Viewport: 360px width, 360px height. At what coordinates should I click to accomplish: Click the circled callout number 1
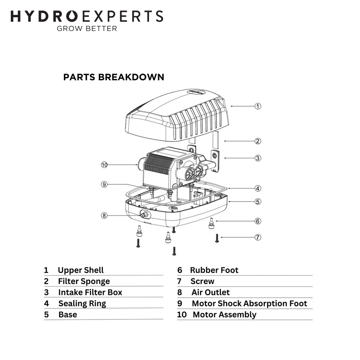[x=258, y=106]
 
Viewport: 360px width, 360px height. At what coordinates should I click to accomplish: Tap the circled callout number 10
[x=104, y=165]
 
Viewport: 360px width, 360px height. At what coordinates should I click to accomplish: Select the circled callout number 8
[x=104, y=216]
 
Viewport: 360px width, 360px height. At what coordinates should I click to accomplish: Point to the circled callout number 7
[x=258, y=237]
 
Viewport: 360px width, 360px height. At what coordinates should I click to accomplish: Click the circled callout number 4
[x=258, y=189]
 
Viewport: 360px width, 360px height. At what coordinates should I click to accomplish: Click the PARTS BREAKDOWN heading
[x=114, y=77]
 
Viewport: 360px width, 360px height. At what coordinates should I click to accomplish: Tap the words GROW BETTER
[x=87, y=28]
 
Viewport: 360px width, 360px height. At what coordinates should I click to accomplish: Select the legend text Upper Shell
[x=81, y=270]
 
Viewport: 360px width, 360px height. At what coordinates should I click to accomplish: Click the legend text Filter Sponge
[x=84, y=281]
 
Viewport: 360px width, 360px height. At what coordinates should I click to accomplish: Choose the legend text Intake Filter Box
[x=90, y=292]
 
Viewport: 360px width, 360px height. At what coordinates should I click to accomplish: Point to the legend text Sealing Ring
[x=82, y=303]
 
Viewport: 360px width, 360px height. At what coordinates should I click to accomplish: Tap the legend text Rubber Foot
[x=214, y=270]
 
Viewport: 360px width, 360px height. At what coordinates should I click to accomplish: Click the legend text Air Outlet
[x=211, y=292]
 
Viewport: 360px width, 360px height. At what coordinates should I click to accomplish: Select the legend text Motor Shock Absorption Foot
[x=249, y=303]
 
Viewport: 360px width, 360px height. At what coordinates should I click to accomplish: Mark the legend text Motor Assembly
[x=225, y=315]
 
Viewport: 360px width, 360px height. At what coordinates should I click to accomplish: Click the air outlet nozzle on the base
[x=144, y=215]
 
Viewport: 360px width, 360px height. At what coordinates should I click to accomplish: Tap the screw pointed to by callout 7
[x=217, y=238]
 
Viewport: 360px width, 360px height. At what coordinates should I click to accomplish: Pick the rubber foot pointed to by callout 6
[x=211, y=224]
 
